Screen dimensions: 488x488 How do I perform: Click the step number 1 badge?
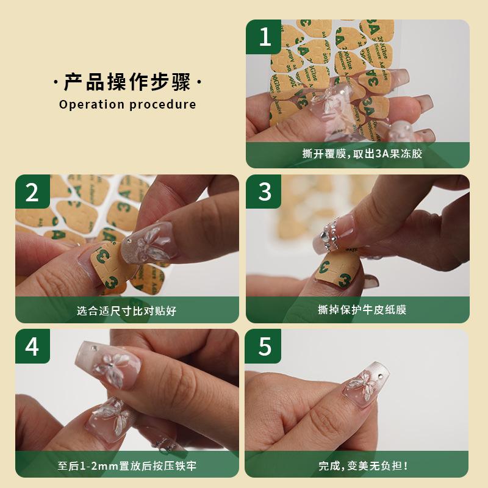tap(264, 37)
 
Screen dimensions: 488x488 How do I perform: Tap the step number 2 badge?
tap(33, 192)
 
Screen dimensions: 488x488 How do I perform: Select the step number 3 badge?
tap(264, 192)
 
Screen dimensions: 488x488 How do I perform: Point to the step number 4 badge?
tap(33, 346)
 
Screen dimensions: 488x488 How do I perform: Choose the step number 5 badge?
tap(263, 346)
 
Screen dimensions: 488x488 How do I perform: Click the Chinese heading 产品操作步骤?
tap(127, 82)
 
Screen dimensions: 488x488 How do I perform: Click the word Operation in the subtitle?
tap(91, 104)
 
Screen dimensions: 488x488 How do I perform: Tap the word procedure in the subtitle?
tap(162, 104)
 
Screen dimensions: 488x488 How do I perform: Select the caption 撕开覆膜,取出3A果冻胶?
tap(362, 154)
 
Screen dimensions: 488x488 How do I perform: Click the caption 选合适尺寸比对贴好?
tap(127, 310)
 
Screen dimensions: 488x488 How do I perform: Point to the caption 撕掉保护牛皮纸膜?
tap(362, 310)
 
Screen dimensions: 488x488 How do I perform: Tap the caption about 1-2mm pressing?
tap(127, 466)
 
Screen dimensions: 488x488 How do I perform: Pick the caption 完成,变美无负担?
tap(363, 466)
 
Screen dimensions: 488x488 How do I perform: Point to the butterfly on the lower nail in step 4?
tap(110, 415)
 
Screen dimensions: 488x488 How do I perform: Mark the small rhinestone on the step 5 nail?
tap(379, 376)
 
